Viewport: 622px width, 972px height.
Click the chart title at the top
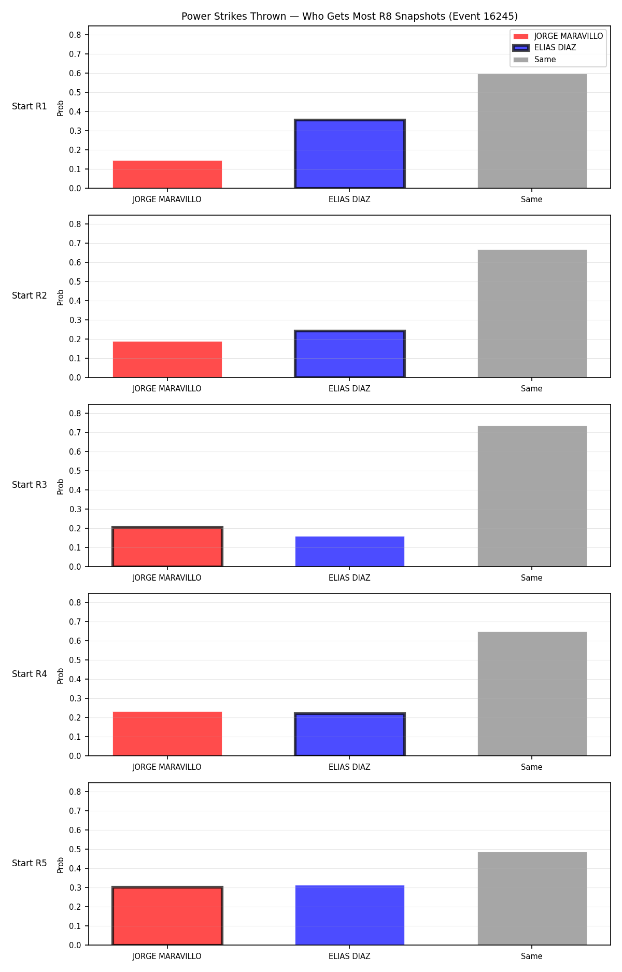click(349, 17)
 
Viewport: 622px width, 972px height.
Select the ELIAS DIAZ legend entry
click(545, 48)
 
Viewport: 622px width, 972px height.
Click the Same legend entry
click(534, 60)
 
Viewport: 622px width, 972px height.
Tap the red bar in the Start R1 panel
click(167, 174)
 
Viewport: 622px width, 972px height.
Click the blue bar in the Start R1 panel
click(350, 154)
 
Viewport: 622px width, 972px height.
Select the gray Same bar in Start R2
click(532, 314)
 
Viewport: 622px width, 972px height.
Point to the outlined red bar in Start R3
click(167, 547)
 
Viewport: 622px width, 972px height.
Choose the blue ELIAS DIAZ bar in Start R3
click(350, 552)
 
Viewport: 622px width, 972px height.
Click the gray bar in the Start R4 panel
click(532, 694)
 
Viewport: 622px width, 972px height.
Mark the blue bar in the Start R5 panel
click(350, 915)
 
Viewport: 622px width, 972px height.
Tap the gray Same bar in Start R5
click(532, 898)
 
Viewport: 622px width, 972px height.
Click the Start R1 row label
click(30, 106)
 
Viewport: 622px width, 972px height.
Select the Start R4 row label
click(30, 674)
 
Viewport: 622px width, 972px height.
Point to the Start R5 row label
click(30, 863)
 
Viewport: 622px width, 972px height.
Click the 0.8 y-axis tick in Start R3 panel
click(75, 413)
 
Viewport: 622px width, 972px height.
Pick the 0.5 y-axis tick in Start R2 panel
click(75, 281)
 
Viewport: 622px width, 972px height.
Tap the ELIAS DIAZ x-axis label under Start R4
click(349, 767)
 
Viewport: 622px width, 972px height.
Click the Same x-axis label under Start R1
click(532, 199)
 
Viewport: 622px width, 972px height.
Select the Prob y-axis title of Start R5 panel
click(61, 865)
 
